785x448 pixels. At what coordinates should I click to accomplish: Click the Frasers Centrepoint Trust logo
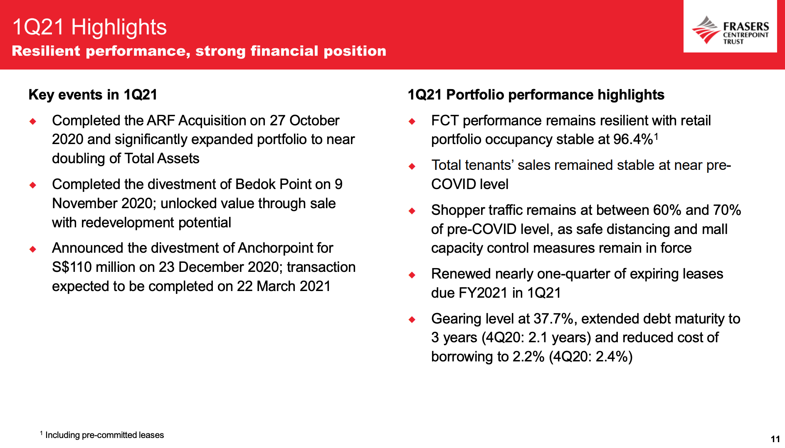click(x=730, y=30)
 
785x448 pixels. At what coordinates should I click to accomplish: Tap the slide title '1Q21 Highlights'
click(x=89, y=27)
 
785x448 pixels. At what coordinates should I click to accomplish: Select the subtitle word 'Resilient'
click(x=46, y=51)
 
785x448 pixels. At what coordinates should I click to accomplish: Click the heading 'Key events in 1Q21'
click(x=93, y=95)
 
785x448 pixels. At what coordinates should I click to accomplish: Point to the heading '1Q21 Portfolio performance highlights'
click(x=536, y=95)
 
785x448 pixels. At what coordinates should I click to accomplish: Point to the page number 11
click(x=775, y=439)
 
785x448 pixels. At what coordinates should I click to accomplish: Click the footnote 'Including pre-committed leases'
click(x=105, y=435)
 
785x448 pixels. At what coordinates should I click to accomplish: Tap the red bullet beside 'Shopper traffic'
click(x=412, y=211)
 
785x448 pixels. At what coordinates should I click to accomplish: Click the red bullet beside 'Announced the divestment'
click(x=33, y=249)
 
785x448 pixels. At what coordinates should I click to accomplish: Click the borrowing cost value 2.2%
click(x=528, y=357)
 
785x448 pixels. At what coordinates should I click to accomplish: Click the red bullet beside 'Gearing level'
click(x=412, y=319)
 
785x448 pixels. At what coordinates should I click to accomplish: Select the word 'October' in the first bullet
click(x=314, y=120)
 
